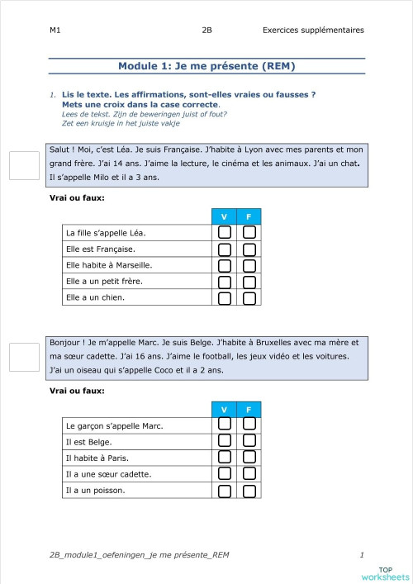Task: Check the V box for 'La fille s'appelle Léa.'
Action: click(224, 232)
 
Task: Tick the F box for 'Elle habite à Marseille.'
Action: click(249, 265)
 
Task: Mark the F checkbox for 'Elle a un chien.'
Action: click(249, 297)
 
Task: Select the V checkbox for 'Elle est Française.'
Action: click(224, 249)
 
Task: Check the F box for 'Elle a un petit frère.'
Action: click(249, 282)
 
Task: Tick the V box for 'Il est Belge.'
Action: click(224, 441)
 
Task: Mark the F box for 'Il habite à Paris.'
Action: click(249, 458)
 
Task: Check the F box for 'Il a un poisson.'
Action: click(249, 491)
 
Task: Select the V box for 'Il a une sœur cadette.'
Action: click(224, 474)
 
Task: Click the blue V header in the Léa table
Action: click(224, 216)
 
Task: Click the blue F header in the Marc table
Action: click(249, 410)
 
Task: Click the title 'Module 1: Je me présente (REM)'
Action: click(206, 66)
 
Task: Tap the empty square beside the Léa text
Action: click(24, 165)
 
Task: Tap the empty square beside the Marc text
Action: click(24, 357)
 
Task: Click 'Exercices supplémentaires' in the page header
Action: click(313, 31)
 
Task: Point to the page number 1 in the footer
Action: click(362, 554)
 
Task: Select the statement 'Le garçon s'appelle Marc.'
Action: click(114, 425)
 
